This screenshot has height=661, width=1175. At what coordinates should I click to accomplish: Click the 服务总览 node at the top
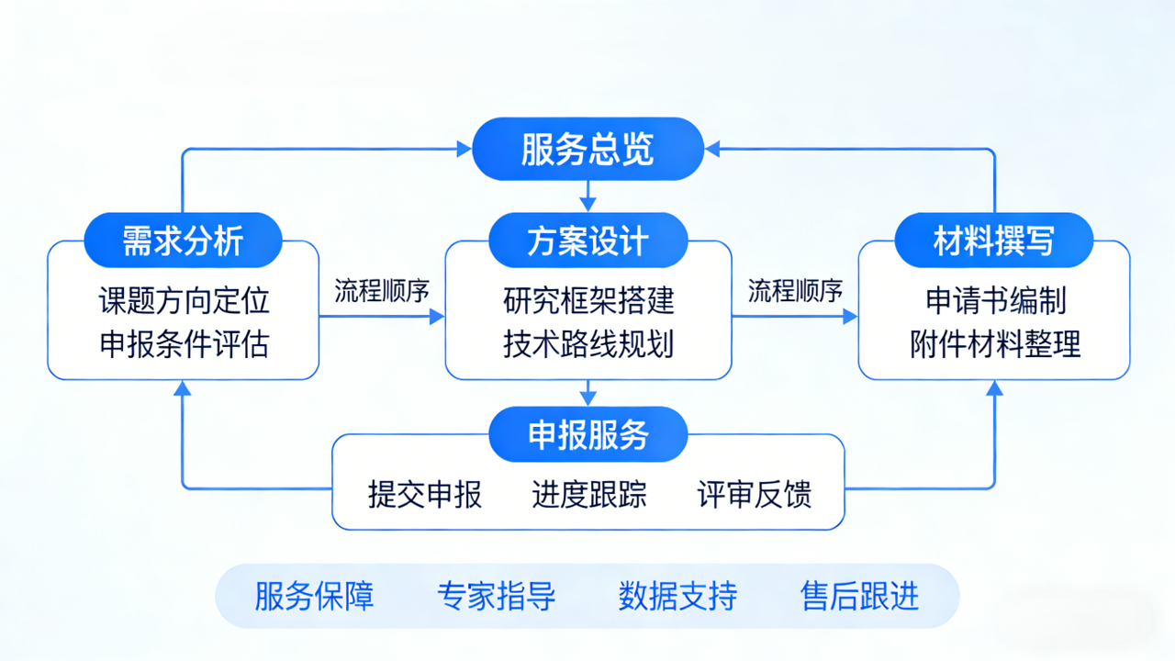pyautogui.click(x=587, y=149)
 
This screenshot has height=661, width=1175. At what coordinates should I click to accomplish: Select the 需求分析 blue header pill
pyautogui.click(x=183, y=241)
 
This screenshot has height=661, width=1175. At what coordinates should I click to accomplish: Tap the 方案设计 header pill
pyautogui.click(x=587, y=241)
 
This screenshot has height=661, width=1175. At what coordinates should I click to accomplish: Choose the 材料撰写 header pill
pyautogui.click(x=994, y=241)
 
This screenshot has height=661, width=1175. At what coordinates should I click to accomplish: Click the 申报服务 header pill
pyautogui.click(x=587, y=434)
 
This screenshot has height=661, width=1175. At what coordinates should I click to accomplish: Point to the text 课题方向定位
pyautogui.click(x=184, y=300)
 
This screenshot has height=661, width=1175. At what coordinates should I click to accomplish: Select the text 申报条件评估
pyautogui.click(x=184, y=344)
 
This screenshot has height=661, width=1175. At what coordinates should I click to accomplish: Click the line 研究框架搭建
pyautogui.click(x=588, y=300)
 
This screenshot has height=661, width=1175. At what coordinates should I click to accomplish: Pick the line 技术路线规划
pyautogui.click(x=588, y=344)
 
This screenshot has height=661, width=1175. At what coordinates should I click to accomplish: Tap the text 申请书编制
pyautogui.click(x=995, y=300)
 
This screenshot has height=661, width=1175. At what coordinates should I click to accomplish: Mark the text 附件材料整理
pyautogui.click(x=995, y=344)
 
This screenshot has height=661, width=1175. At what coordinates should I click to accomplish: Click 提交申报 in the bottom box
pyautogui.click(x=425, y=495)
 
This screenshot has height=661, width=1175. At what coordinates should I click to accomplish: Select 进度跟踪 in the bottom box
pyautogui.click(x=589, y=495)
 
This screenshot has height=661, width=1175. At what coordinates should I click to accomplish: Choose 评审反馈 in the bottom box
pyautogui.click(x=755, y=495)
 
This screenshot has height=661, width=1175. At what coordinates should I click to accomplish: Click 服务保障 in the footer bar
pyautogui.click(x=315, y=596)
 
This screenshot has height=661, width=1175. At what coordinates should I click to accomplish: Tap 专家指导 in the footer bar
pyautogui.click(x=497, y=596)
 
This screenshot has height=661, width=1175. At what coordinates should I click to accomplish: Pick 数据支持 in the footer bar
pyautogui.click(x=677, y=596)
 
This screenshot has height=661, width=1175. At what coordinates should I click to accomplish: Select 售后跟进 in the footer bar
pyautogui.click(x=859, y=596)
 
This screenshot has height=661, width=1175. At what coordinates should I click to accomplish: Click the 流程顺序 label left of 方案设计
pyautogui.click(x=382, y=291)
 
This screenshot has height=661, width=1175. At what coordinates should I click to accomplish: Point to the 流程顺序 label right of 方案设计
pyautogui.click(x=795, y=291)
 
